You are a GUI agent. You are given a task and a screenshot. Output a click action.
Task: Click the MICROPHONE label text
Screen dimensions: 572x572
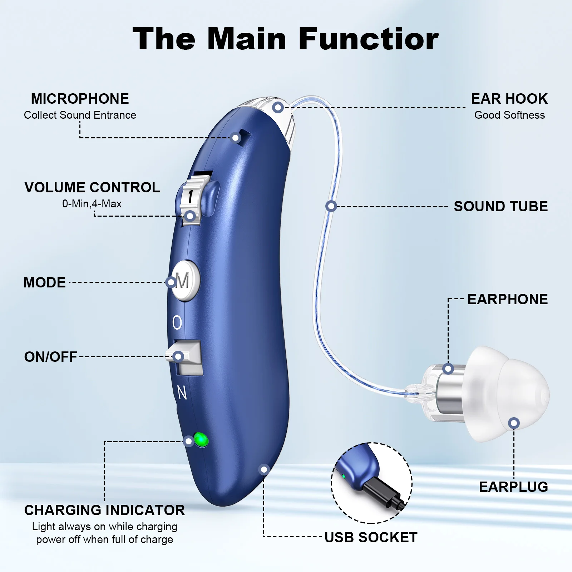(x=80, y=99)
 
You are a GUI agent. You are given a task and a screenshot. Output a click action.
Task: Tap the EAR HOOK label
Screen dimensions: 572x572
(x=509, y=99)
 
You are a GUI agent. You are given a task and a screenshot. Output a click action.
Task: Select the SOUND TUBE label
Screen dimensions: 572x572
(x=500, y=207)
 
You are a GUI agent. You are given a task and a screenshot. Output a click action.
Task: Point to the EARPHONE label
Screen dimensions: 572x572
(x=507, y=300)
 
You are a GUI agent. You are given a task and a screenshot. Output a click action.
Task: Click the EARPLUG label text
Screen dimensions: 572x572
(x=513, y=487)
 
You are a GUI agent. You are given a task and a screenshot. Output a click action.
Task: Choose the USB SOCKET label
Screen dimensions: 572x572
(x=371, y=538)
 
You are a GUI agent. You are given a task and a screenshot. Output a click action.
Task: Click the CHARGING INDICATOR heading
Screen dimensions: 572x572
(x=104, y=511)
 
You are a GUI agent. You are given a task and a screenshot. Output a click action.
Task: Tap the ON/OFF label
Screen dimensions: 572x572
(x=50, y=357)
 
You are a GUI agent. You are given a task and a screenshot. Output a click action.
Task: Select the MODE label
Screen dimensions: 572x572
(x=44, y=282)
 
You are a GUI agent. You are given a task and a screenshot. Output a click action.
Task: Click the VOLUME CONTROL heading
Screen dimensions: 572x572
(x=92, y=188)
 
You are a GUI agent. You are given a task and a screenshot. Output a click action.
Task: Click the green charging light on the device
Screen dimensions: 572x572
(x=201, y=439)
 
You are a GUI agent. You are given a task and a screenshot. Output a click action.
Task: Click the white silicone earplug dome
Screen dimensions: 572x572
(x=508, y=393)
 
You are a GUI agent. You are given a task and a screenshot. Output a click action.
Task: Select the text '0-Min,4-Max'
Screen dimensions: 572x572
(x=92, y=204)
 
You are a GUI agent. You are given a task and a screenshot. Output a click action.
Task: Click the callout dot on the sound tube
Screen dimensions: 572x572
(x=331, y=206)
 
